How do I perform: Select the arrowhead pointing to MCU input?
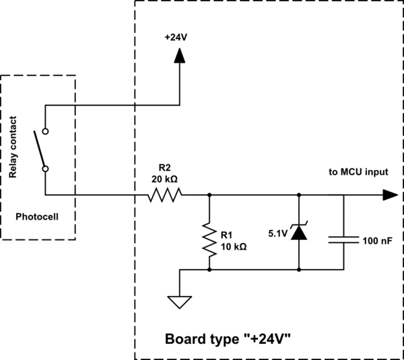389,195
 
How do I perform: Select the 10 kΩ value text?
233,246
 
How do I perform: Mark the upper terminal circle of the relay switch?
45,131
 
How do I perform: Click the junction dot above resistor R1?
209,195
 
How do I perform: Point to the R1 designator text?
227,235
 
